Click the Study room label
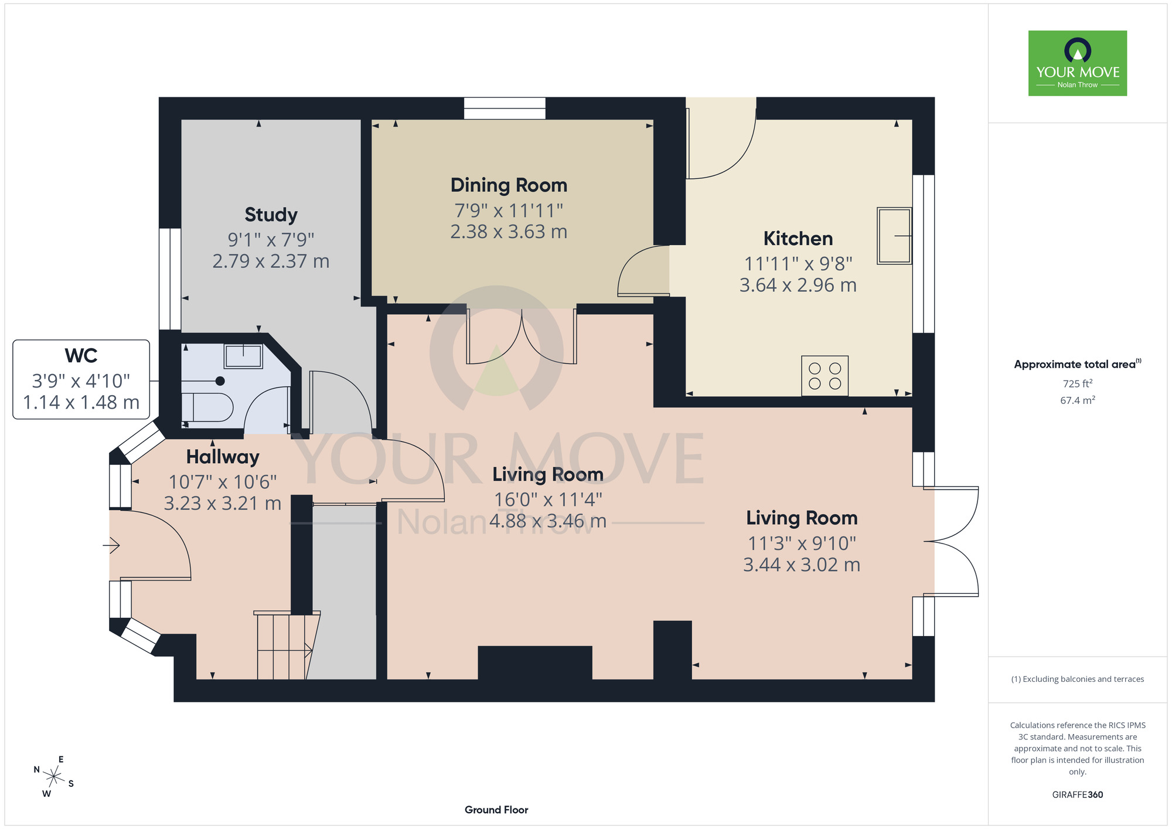point(271,215)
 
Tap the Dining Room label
point(509,185)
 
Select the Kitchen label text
point(798,239)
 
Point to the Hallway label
point(223,457)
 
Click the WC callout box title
point(81,356)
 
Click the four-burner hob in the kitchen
point(825,376)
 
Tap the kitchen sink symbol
point(894,236)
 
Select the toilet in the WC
point(207,407)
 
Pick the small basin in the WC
point(243,356)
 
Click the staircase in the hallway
point(286,645)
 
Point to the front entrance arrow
point(111,546)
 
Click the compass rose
point(54,777)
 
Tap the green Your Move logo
point(1078,63)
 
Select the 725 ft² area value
point(1078,383)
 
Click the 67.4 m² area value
point(1078,400)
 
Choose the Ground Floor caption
point(496,810)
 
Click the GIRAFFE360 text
point(1078,795)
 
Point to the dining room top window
point(505,108)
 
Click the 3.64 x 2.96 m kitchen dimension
point(798,285)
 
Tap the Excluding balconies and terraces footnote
point(1078,679)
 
